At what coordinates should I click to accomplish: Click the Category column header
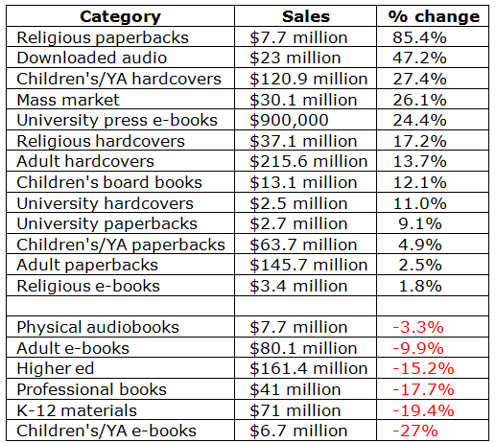tap(120, 17)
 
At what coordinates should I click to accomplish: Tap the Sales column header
tap(306, 16)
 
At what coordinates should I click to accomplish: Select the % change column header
tap(434, 16)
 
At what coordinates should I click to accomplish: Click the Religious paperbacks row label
tap(103, 38)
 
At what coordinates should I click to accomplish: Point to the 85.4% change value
tap(419, 37)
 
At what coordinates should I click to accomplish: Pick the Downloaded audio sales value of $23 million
tap(295, 58)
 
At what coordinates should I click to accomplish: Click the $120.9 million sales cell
tap(309, 79)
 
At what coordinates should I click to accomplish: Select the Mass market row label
tap(68, 100)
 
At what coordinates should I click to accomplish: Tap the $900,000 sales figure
tap(289, 121)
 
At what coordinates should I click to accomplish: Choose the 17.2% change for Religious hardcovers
tap(419, 141)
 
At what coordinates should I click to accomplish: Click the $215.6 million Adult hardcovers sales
tap(309, 161)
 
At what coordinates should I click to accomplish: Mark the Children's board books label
tap(109, 182)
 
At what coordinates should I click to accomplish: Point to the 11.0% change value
tap(419, 203)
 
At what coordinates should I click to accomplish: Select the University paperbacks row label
tap(106, 224)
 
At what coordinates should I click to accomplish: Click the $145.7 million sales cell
tap(309, 265)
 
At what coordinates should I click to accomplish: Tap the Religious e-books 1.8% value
tap(420, 286)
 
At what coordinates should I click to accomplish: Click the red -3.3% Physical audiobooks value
tap(418, 328)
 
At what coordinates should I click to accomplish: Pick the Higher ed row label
tap(56, 368)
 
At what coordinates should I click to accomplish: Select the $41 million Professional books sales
tap(295, 389)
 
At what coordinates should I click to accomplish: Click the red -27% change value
tap(415, 431)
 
